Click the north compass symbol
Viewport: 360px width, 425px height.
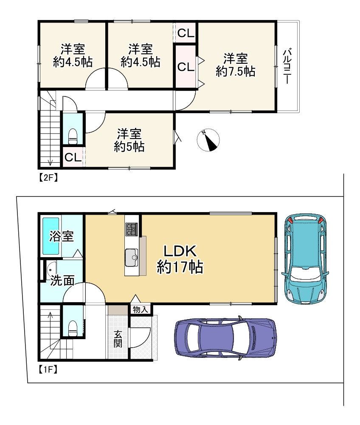(x=208, y=140)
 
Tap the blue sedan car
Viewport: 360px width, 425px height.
(x=225, y=337)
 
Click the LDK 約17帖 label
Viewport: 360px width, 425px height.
(x=180, y=259)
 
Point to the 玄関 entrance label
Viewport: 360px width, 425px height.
(x=118, y=339)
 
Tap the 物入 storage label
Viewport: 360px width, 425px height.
(x=140, y=309)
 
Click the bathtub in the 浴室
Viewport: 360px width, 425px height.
(x=51, y=236)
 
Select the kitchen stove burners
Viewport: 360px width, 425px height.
(x=132, y=229)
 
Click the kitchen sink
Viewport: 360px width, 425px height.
(x=132, y=258)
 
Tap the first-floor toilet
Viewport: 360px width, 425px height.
(x=73, y=328)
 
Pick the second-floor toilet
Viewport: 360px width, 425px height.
(x=73, y=136)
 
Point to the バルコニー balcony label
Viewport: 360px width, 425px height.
(x=287, y=66)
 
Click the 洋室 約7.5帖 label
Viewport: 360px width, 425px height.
(x=236, y=65)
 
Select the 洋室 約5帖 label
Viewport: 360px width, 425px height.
(x=129, y=140)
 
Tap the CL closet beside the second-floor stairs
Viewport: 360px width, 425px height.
(x=73, y=157)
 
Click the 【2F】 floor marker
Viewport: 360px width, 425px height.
(x=48, y=177)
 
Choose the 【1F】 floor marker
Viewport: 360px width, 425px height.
(x=48, y=369)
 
